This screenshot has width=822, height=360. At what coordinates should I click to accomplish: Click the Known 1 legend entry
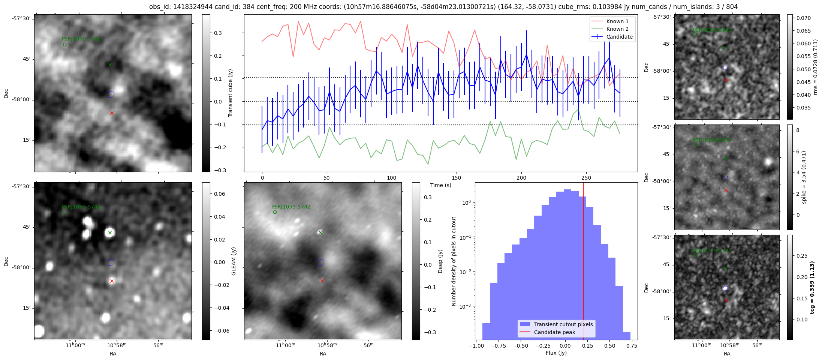(617, 21)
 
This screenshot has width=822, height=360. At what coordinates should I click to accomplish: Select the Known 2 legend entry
(617, 29)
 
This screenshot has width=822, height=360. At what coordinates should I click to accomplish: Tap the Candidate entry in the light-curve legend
(619, 37)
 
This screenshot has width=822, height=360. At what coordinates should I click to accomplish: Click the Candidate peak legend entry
(554, 332)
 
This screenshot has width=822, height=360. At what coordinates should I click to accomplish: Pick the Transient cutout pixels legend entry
(563, 324)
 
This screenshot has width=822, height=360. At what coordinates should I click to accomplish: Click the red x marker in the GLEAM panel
(112, 281)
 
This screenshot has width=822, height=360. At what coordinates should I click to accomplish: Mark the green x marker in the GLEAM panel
(110, 232)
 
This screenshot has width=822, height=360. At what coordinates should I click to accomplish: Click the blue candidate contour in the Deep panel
(320, 262)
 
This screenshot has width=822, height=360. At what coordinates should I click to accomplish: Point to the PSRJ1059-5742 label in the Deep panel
(291, 207)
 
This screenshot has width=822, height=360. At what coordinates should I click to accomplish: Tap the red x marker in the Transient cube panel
(112, 113)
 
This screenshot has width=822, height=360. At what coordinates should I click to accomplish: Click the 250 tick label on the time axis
(586, 178)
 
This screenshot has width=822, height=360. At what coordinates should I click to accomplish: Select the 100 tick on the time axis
(391, 178)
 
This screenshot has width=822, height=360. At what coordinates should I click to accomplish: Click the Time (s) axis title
(440, 185)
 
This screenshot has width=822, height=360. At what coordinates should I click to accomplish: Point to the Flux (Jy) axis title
(556, 353)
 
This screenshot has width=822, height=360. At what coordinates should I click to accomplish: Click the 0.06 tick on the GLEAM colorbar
(220, 194)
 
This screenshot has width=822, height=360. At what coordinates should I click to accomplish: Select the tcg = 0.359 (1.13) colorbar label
(812, 287)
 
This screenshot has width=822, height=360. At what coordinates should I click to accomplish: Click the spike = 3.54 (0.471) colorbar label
(804, 177)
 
